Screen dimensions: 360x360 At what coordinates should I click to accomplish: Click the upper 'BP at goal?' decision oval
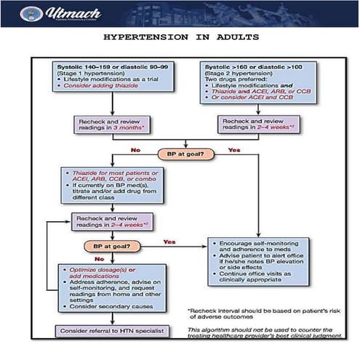click(186, 153)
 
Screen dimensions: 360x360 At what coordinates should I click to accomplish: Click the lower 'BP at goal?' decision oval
click(113, 247)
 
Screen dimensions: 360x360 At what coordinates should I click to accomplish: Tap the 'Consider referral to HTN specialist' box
click(108, 331)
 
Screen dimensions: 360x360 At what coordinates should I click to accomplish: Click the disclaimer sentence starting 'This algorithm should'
click(271, 334)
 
